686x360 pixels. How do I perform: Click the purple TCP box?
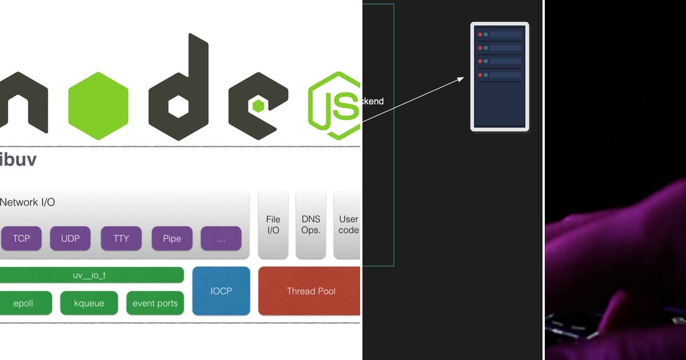tap(21, 238)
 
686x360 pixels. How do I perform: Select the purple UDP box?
tap(71, 238)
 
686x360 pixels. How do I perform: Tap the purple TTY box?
tap(121, 238)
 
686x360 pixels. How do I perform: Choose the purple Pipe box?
tap(171, 238)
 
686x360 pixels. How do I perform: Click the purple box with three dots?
tap(221, 238)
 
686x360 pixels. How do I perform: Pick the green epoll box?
tap(23, 303)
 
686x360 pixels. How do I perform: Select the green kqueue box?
tap(89, 303)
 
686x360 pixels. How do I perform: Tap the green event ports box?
tap(155, 303)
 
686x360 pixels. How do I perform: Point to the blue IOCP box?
tap(221, 291)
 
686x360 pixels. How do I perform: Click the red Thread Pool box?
tap(310, 291)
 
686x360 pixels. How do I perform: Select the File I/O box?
tap(273, 225)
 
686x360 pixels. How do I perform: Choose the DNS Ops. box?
tap(311, 225)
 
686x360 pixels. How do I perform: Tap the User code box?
tap(348, 225)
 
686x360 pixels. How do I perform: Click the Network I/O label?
tap(27, 202)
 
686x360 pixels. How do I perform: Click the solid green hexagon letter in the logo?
tap(98, 106)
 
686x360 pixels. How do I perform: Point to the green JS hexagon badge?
tap(334, 106)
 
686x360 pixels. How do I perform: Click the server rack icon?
tap(500, 77)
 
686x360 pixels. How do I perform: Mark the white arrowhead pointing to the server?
tap(461, 79)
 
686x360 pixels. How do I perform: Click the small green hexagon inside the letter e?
tap(258, 106)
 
